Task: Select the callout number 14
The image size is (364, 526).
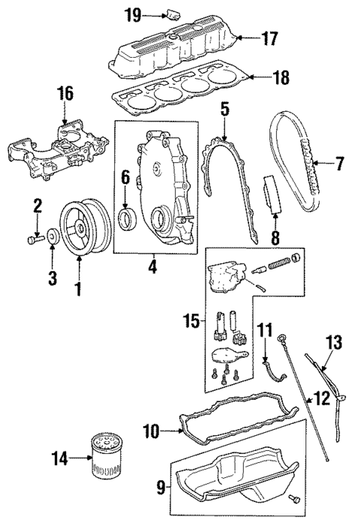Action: (59, 457)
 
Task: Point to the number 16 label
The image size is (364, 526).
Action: (66, 94)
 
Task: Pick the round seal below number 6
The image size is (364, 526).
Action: (128, 219)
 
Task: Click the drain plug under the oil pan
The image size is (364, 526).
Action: (293, 498)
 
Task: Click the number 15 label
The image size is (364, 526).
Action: (191, 322)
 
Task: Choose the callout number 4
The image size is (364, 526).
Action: (154, 266)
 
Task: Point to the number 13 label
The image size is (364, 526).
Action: (335, 343)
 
